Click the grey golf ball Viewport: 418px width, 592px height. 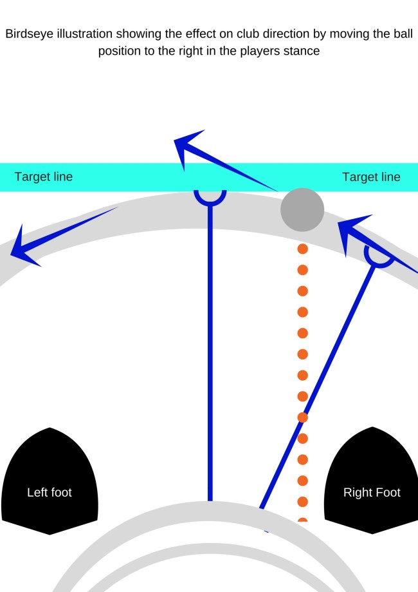pyautogui.click(x=302, y=209)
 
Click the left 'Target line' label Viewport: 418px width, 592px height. pyautogui.click(x=44, y=177)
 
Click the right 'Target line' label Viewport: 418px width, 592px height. pyautogui.click(x=371, y=177)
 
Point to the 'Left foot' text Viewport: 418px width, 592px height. pyautogui.click(x=50, y=493)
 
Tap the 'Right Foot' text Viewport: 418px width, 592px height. pyautogui.click(x=372, y=493)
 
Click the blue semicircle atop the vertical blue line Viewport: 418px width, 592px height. pyautogui.click(x=210, y=197)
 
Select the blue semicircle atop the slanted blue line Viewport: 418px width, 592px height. pyautogui.click(x=379, y=258)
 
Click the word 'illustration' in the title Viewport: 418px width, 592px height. pyautogui.click(x=86, y=34)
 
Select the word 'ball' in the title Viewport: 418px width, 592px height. pyautogui.click(x=403, y=34)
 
